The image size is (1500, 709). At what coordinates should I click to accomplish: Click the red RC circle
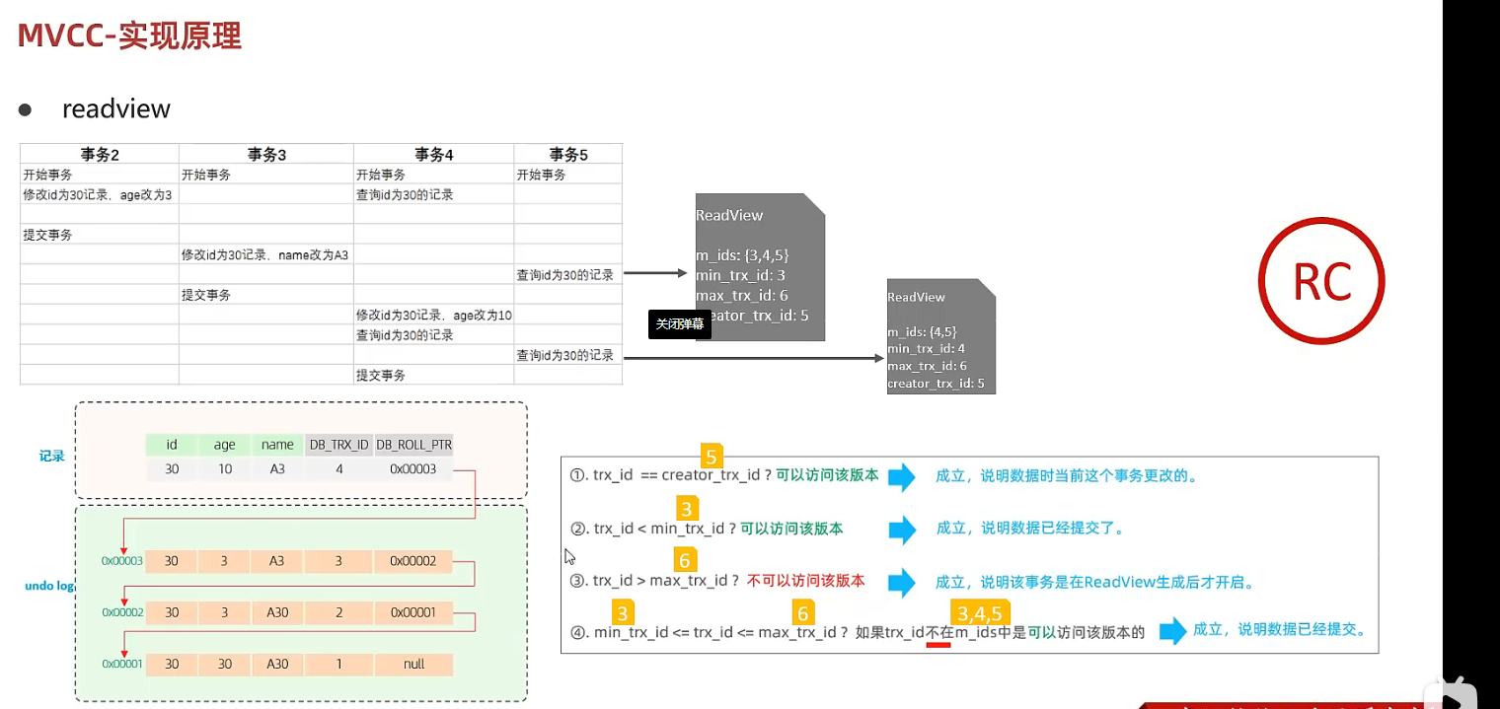tap(1321, 282)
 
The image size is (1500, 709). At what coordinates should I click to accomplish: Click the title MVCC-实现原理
tap(129, 35)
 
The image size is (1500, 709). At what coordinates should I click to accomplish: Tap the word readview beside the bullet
tap(116, 108)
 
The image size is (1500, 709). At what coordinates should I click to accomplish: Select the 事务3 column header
tap(266, 154)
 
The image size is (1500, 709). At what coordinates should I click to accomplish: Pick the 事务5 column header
tap(568, 154)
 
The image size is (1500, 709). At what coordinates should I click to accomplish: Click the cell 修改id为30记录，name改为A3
tap(264, 254)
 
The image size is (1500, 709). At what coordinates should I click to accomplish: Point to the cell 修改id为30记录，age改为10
tap(434, 315)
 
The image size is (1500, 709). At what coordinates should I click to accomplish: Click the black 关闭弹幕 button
tap(680, 323)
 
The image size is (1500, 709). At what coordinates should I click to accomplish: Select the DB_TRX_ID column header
tap(339, 445)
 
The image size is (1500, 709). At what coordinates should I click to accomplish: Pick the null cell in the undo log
tap(413, 664)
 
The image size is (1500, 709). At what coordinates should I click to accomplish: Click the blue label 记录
tap(51, 457)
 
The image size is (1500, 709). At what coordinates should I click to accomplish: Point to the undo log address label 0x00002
tap(122, 612)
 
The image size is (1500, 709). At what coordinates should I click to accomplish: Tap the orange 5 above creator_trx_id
tap(711, 457)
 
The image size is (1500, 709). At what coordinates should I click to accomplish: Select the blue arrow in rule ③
tap(902, 581)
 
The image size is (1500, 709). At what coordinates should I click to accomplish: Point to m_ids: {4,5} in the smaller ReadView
tap(922, 332)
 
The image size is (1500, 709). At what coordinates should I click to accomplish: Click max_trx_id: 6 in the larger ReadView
tap(741, 296)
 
